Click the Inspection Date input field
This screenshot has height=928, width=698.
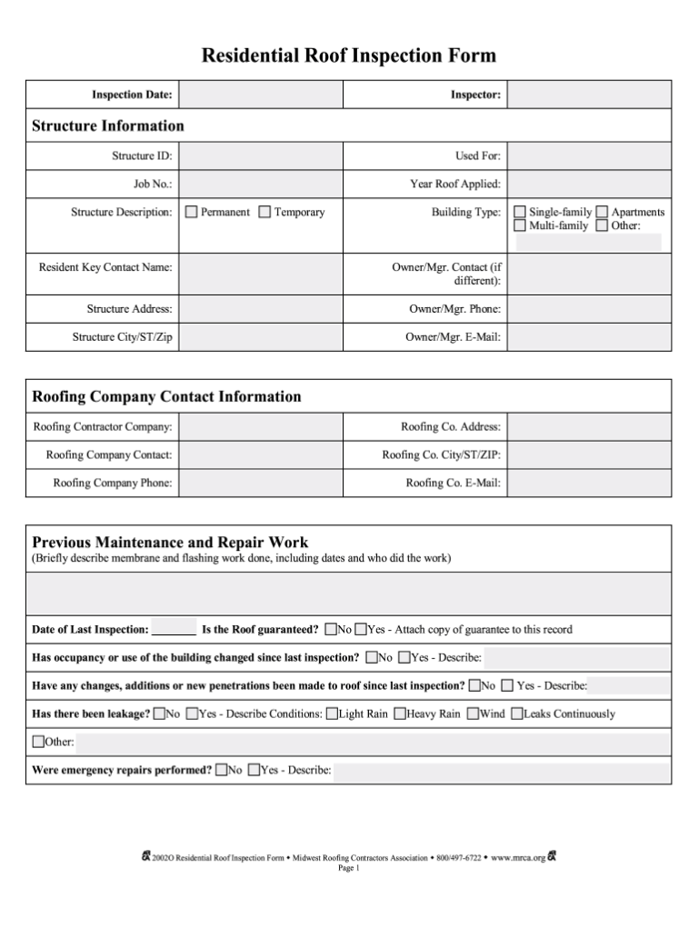260,95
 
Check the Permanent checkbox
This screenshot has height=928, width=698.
192,212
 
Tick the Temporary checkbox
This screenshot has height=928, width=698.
264,212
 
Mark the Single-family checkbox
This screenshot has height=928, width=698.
520,212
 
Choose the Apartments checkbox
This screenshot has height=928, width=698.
602,212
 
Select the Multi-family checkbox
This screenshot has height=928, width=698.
520,225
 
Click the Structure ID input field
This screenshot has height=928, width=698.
260,155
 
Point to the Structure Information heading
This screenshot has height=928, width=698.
108,125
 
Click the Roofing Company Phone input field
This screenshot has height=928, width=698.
260,483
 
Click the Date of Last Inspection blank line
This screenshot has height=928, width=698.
174,629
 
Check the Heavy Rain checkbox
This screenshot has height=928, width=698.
400,713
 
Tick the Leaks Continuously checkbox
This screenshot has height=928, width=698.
517,713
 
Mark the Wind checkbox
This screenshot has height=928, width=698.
473,713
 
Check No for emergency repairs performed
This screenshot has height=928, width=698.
221,770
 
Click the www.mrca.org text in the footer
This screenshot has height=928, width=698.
518,857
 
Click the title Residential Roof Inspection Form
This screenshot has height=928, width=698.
349,56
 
